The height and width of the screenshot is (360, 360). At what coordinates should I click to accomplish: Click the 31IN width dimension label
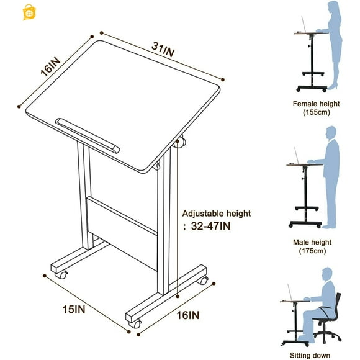[x=162, y=47]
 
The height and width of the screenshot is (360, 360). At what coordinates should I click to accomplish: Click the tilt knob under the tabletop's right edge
[x=181, y=143]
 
